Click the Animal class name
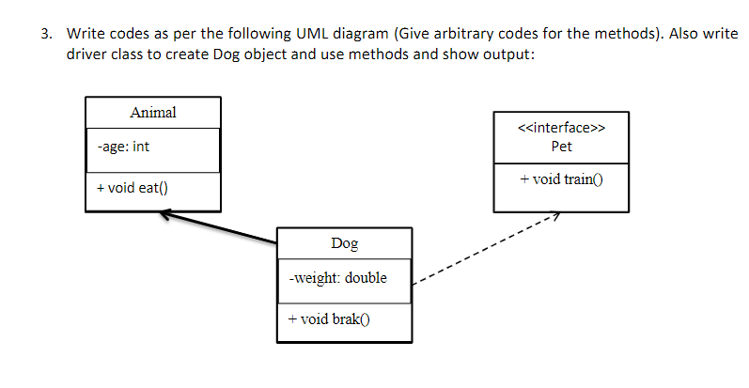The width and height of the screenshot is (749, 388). coord(152,113)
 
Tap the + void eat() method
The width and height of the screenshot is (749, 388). coord(133,188)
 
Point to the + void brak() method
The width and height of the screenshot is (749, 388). coord(330,318)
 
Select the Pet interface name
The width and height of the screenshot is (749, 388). coord(561,147)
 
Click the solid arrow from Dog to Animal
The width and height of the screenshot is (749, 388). coord(221,230)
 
